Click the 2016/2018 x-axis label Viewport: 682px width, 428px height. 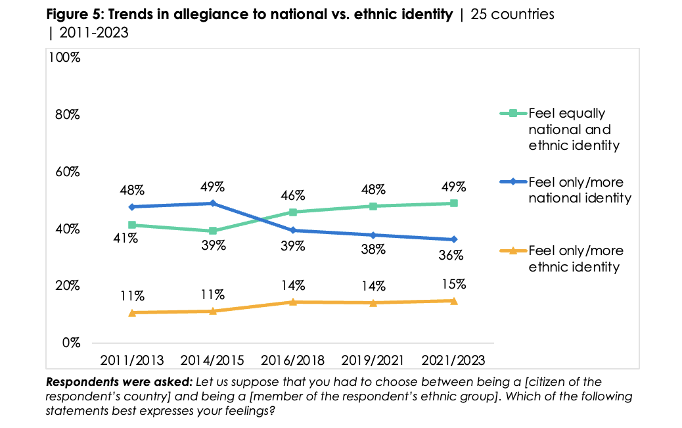point(292,360)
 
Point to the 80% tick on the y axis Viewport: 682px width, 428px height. point(66,114)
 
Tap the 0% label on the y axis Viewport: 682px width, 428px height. point(71,343)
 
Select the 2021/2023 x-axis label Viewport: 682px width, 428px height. point(453,360)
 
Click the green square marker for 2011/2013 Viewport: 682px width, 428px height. point(132,225)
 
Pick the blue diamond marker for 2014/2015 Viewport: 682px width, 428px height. point(212,203)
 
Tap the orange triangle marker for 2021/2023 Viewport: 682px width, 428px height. point(453,300)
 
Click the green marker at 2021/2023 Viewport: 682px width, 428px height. point(453,203)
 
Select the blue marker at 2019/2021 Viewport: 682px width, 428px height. point(373,235)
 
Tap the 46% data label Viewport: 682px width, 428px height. point(292,195)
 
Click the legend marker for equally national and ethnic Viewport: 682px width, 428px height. point(512,114)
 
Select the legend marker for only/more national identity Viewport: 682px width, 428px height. point(512,182)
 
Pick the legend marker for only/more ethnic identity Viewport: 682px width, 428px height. point(512,250)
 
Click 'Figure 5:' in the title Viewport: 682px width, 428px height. point(74,14)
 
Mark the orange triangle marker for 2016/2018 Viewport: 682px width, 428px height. point(293,302)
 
